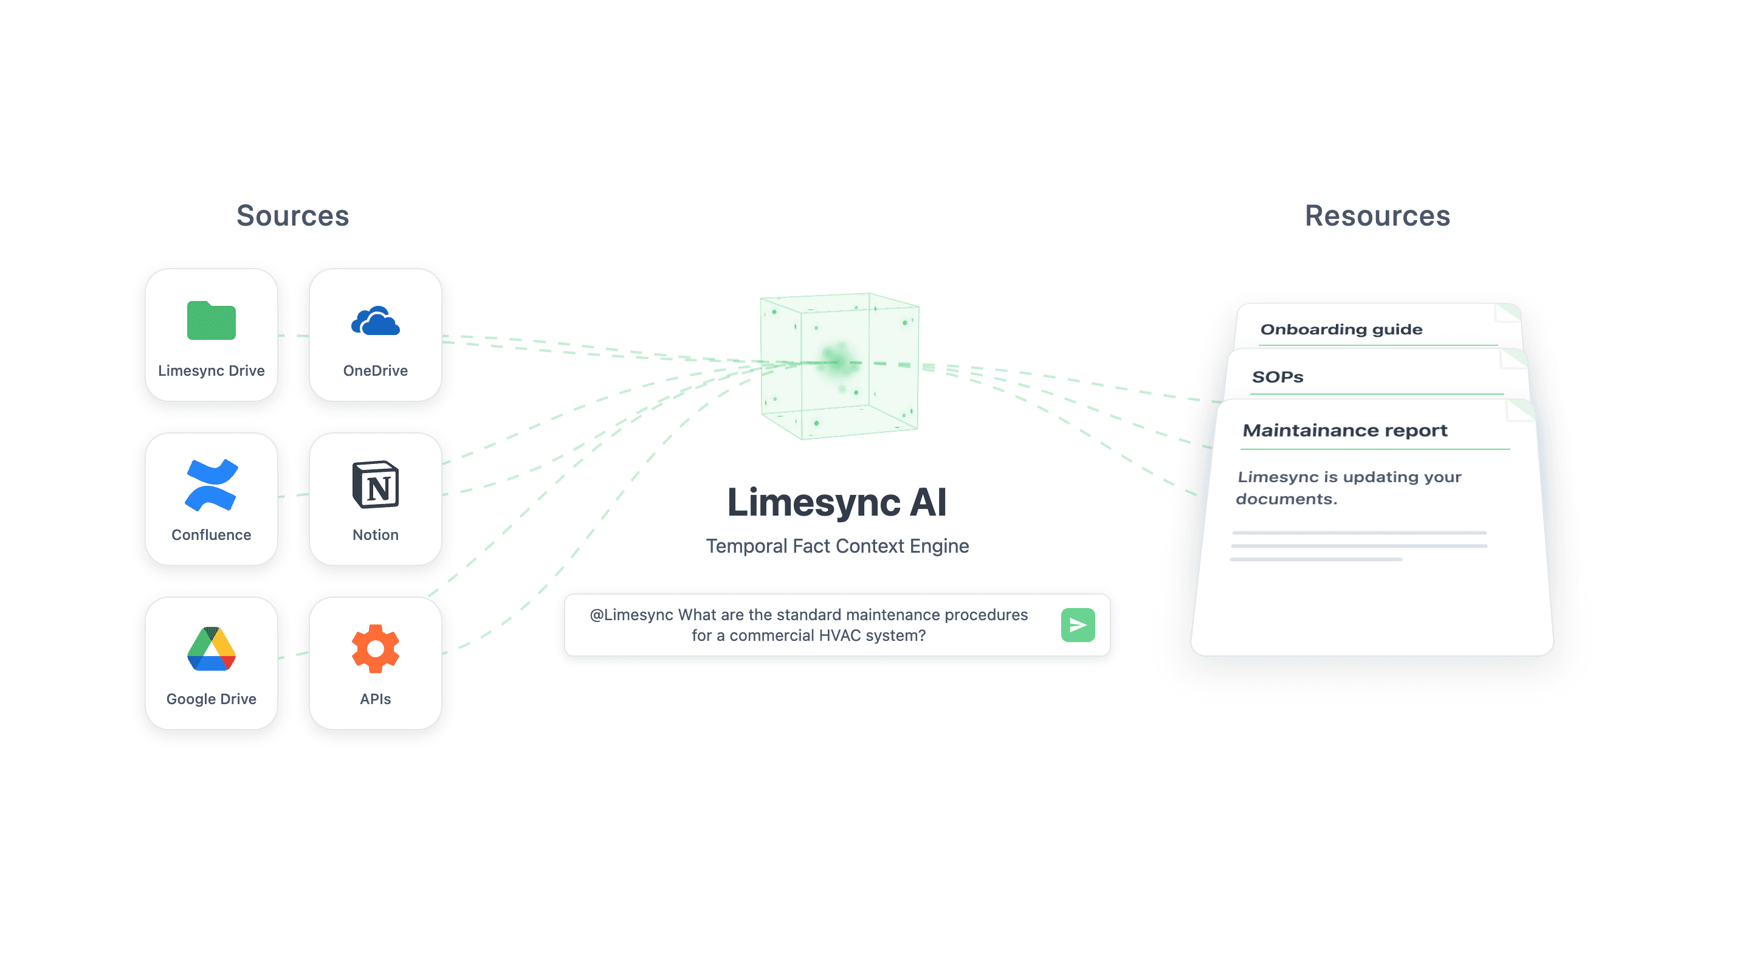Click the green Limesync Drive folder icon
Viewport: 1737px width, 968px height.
tap(211, 320)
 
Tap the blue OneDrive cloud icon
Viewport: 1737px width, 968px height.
tap(376, 321)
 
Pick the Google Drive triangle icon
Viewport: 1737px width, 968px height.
tap(211, 649)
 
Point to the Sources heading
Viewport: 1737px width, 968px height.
tap(293, 216)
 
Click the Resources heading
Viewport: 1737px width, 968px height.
tap(1377, 216)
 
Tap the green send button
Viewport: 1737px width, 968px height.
tap(1078, 624)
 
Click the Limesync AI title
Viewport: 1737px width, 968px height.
tap(837, 503)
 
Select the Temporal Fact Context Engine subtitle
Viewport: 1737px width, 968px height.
tap(837, 546)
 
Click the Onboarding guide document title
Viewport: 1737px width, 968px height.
tap(1341, 329)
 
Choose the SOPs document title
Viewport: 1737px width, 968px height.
tap(1277, 377)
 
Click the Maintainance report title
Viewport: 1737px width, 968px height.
tap(1344, 430)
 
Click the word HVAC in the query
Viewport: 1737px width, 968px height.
tap(839, 635)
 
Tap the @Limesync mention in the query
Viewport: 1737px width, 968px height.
tap(631, 615)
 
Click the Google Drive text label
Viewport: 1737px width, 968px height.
tap(211, 699)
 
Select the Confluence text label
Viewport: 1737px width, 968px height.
tap(211, 535)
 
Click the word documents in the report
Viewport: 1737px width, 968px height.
tap(1286, 499)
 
